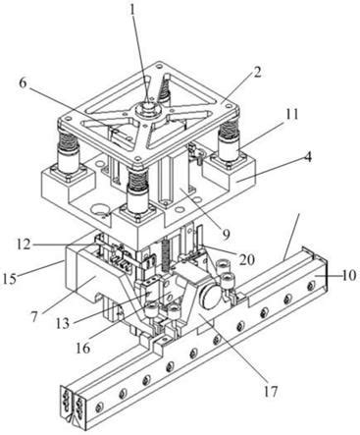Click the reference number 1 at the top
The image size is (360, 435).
point(132,11)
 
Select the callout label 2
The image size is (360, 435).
point(257,73)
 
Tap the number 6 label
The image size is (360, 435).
point(23,83)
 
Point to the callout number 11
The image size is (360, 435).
point(291,115)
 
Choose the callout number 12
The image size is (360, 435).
point(23,245)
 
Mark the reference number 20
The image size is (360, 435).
point(246,259)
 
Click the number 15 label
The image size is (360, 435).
point(10,279)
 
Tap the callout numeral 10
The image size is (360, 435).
point(349,275)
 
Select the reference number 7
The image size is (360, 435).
point(34,316)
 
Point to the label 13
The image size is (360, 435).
point(62,323)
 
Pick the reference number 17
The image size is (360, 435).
point(271,391)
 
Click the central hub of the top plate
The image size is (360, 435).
point(148,107)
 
